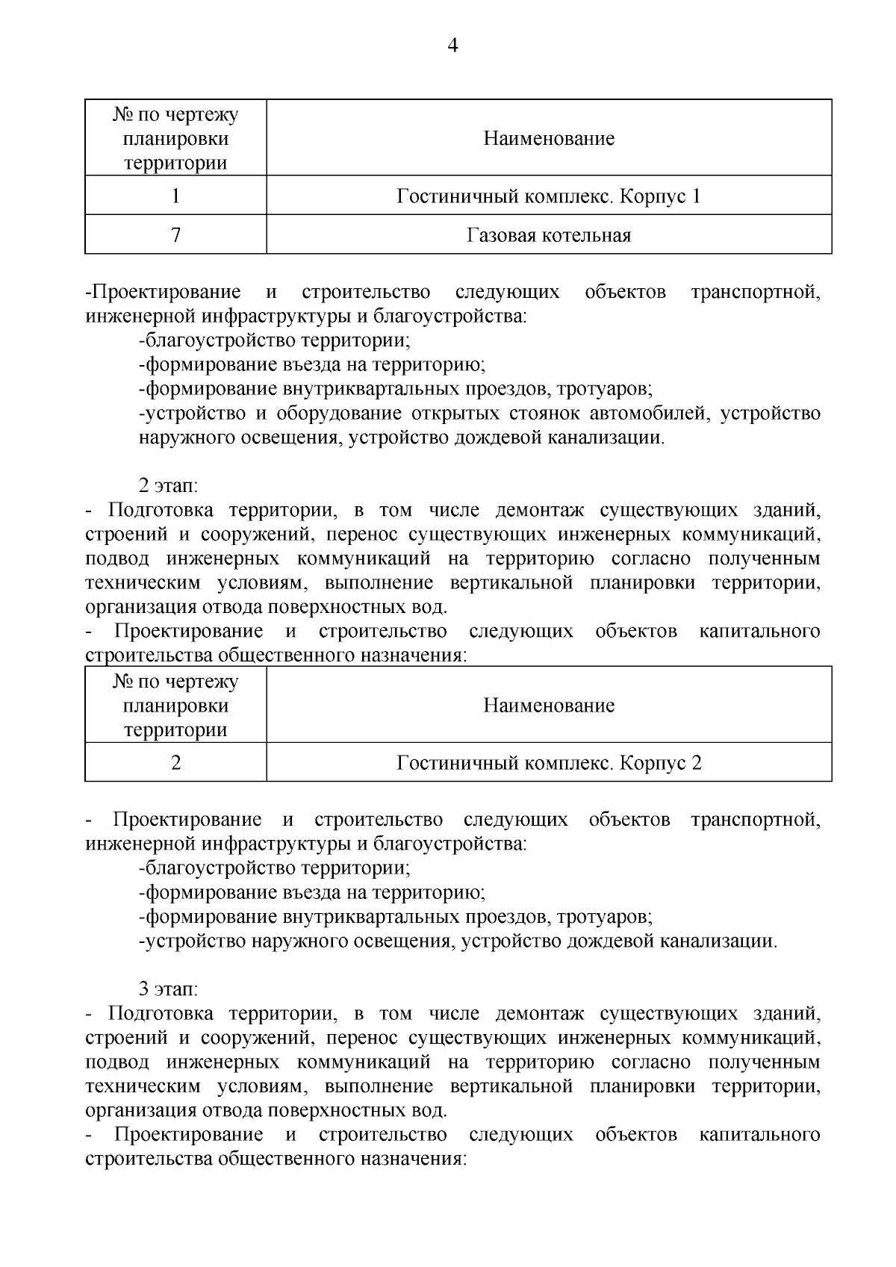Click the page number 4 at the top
coord(452,46)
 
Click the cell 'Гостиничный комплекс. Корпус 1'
coord(549,197)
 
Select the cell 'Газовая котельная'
coord(549,236)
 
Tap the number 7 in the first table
coord(175,236)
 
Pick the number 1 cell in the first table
coord(175,197)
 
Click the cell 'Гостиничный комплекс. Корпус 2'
coord(549,763)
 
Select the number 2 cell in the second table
coord(175,763)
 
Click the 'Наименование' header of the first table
coord(549,139)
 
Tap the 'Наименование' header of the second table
coord(549,706)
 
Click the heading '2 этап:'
coord(169,486)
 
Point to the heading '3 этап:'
coord(169,989)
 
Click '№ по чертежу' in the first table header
coord(175,115)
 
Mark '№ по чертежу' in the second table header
coord(175,682)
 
